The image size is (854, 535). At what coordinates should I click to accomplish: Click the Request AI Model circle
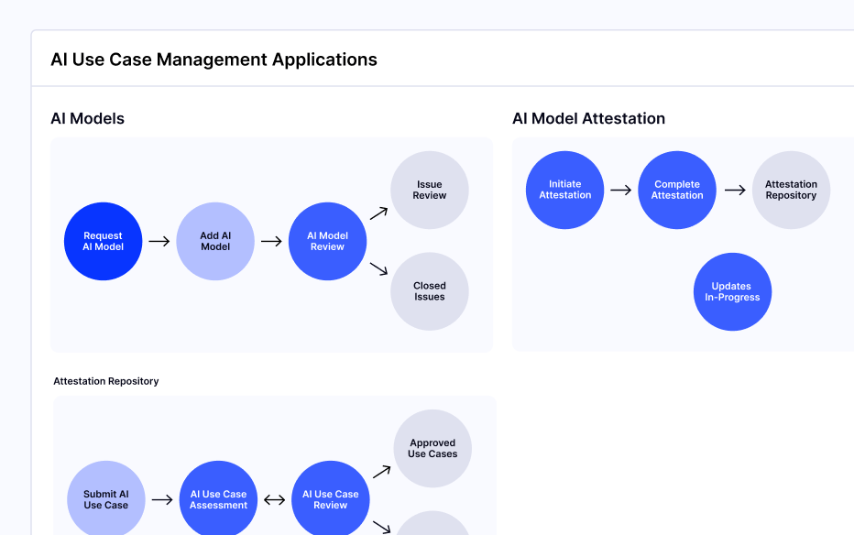point(103,241)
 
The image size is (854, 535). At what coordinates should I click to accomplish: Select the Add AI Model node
point(215,241)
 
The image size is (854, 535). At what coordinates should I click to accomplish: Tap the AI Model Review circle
point(327,241)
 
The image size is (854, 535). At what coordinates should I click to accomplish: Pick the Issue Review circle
point(430,191)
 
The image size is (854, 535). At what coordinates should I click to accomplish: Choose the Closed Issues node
point(430,291)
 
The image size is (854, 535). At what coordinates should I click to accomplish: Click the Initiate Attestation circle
point(565,190)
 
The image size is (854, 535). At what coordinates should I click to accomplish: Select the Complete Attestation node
point(677,190)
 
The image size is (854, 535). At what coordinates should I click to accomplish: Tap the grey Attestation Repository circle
point(791,190)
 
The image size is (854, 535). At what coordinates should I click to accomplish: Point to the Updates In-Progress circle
point(732,292)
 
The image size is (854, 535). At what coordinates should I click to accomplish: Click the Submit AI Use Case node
point(106,499)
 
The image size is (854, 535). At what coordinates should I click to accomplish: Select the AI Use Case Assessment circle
point(219,499)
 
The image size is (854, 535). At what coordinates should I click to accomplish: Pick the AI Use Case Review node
point(331,499)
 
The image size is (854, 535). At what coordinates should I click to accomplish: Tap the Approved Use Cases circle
point(432,449)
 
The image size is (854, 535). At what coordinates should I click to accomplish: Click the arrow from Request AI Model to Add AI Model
point(159,241)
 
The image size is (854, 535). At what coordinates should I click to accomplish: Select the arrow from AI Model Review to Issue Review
point(378,213)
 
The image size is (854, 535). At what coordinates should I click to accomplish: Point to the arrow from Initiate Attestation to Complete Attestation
point(621,190)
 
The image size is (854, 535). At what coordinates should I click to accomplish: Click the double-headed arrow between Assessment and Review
point(275,500)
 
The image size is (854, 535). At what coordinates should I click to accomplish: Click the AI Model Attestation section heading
point(588,118)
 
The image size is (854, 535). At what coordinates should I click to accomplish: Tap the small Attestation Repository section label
point(106,381)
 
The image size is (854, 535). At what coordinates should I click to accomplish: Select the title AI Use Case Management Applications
point(213,60)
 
